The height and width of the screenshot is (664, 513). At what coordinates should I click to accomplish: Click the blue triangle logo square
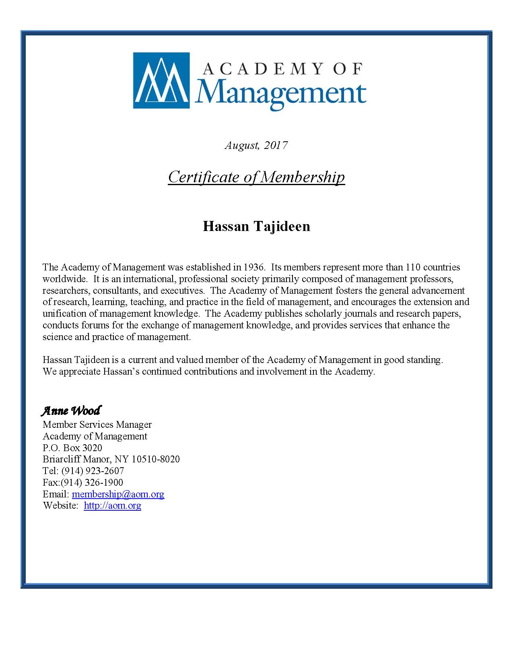click(161, 80)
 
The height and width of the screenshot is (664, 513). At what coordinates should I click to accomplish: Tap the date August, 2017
click(256, 145)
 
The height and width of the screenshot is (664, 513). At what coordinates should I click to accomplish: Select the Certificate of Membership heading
click(256, 177)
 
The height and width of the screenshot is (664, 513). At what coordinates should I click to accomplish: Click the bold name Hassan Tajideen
click(256, 226)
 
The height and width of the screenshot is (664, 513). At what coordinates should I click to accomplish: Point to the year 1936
click(253, 267)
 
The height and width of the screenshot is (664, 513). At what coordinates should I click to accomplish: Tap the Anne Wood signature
click(71, 411)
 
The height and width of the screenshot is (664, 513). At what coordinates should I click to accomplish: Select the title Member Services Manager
click(97, 425)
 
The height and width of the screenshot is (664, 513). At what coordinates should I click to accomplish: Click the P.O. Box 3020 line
click(72, 448)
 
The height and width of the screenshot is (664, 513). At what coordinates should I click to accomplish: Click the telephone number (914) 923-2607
click(93, 471)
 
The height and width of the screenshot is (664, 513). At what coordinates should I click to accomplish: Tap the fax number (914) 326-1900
click(92, 483)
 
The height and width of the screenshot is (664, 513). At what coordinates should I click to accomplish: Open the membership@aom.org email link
click(118, 494)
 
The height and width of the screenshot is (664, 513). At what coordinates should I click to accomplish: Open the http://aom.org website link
click(112, 506)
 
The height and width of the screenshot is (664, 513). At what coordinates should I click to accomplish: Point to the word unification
click(64, 313)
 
